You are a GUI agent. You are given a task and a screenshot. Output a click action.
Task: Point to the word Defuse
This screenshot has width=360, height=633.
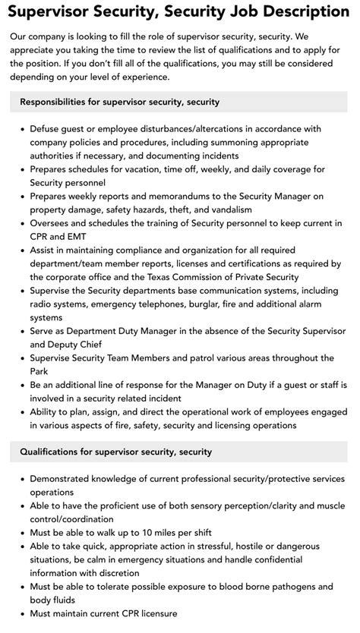[48, 128]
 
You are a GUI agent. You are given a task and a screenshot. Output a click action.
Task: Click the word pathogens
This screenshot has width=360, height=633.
[285, 587]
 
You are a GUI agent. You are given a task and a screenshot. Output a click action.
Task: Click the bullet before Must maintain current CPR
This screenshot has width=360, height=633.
[21, 614]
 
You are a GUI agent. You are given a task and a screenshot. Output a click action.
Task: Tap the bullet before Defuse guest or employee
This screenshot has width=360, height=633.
[21, 128]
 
